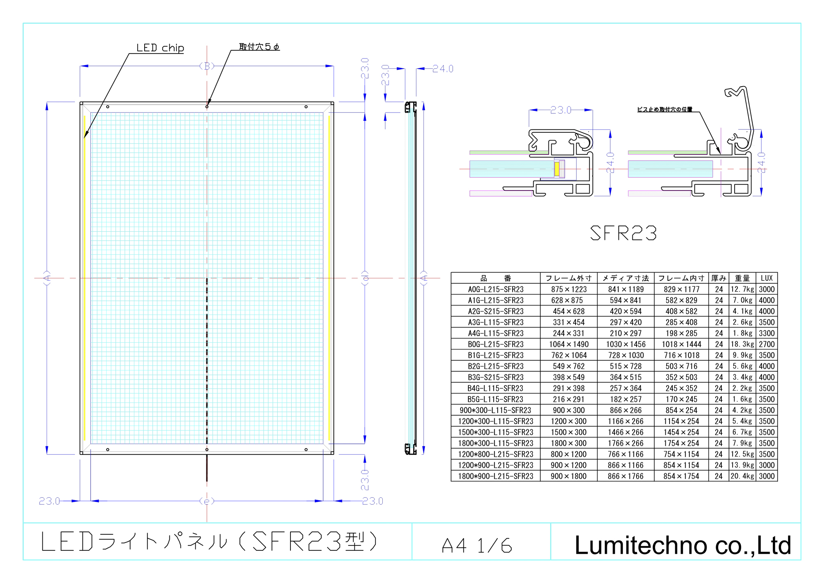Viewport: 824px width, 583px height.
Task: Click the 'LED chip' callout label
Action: coord(160,48)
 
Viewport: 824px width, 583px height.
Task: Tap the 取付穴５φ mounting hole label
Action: coord(259,47)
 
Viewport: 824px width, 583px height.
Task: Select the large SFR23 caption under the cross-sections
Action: coord(623,233)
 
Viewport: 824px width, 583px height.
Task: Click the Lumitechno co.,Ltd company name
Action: coord(683,545)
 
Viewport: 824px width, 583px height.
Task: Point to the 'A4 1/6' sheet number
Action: coord(477,546)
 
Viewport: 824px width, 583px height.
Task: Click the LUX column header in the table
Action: coord(767,278)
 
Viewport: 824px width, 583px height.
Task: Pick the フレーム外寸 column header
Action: coord(569,278)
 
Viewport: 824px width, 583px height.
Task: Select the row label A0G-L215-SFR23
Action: coord(496,289)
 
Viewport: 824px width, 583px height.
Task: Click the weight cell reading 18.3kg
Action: coord(742,344)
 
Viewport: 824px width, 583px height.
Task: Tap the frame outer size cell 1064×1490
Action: coord(569,344)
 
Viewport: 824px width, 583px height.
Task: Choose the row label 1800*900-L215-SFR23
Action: coord(496,476)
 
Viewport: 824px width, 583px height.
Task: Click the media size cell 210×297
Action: coord(625,333)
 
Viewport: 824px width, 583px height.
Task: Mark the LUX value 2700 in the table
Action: coord(767,344)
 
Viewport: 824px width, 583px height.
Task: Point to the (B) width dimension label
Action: coord(207,66)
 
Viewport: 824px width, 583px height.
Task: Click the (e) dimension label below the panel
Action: coord(207,501)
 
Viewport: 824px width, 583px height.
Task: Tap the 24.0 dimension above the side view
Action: coord(443,69)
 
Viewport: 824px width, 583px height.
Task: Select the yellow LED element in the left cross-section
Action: coord(557,169)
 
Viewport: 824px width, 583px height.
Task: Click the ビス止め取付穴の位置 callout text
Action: coord(665,109)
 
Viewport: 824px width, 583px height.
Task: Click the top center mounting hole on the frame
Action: coord(207,107)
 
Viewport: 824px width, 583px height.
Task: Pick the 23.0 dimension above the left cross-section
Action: coord(561,110)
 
